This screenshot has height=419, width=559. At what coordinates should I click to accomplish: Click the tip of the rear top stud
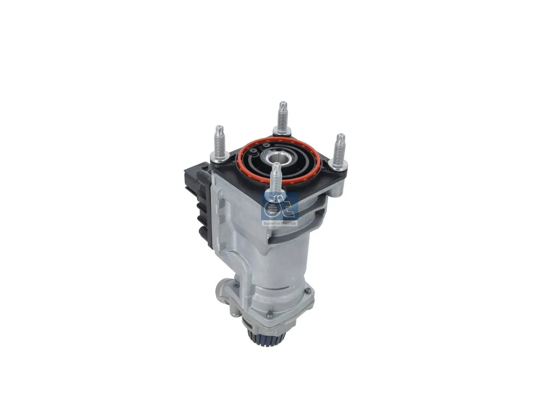coord(283,102)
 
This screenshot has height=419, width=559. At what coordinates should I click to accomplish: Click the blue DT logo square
coord(280,207)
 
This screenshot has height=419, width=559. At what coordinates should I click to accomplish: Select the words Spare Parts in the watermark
coord(280,223)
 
